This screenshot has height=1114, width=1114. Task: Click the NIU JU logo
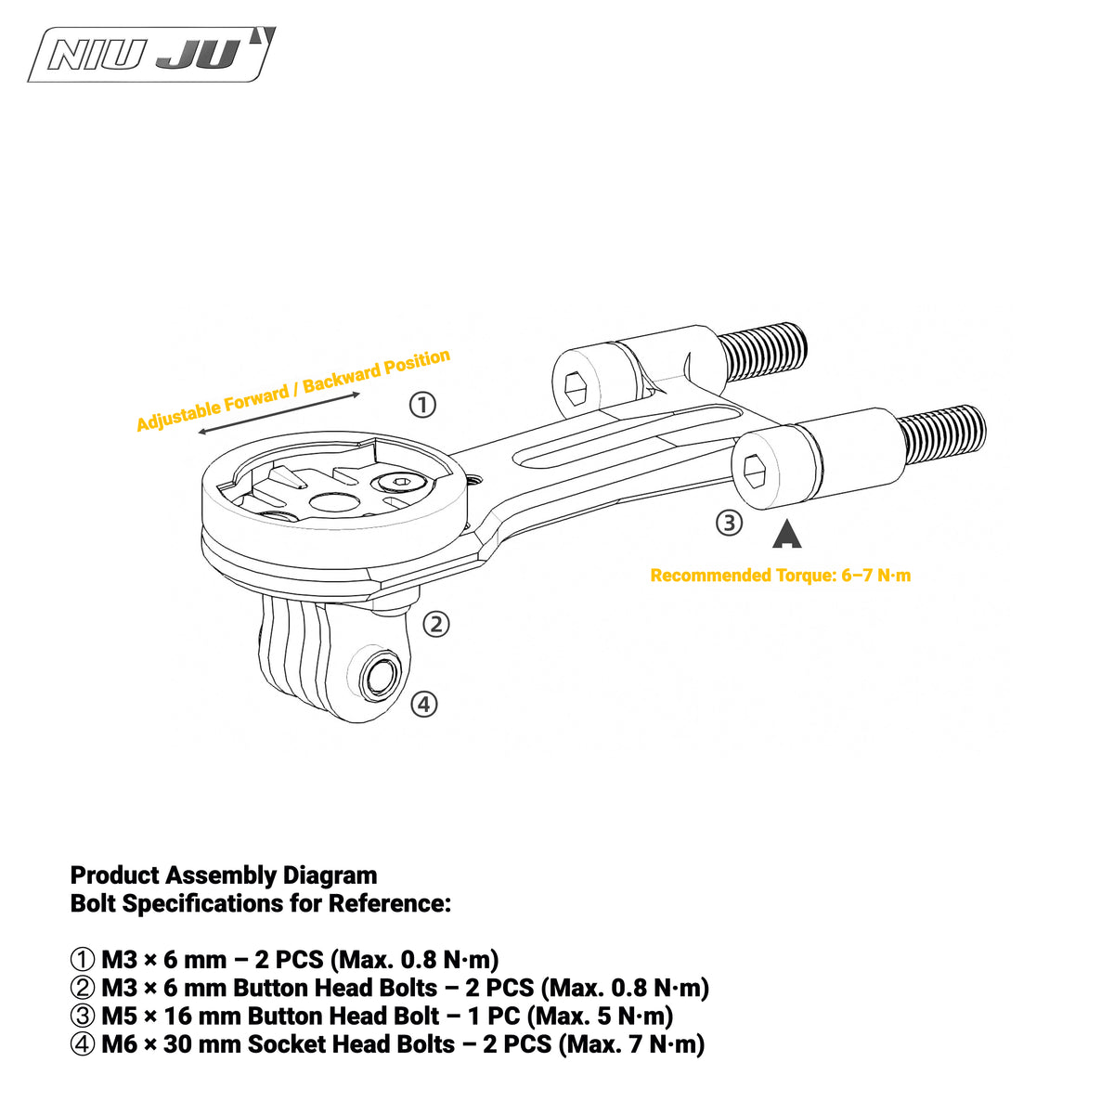151,55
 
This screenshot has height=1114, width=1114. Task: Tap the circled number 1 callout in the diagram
422,405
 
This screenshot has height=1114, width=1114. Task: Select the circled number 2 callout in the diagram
436,625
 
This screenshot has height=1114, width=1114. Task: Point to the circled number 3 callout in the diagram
729,523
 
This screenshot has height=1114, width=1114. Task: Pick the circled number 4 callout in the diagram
423,704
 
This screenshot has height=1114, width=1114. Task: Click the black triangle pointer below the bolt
787,536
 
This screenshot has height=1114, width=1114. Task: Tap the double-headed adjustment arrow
278,413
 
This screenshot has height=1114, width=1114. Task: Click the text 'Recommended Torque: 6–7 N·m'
781,576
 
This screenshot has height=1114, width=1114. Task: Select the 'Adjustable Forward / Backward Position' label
293,390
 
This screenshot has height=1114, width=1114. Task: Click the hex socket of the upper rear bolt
576,388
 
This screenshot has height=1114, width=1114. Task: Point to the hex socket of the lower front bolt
756,472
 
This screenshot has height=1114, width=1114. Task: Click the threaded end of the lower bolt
943,437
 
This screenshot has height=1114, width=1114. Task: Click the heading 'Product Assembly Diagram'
224,875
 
